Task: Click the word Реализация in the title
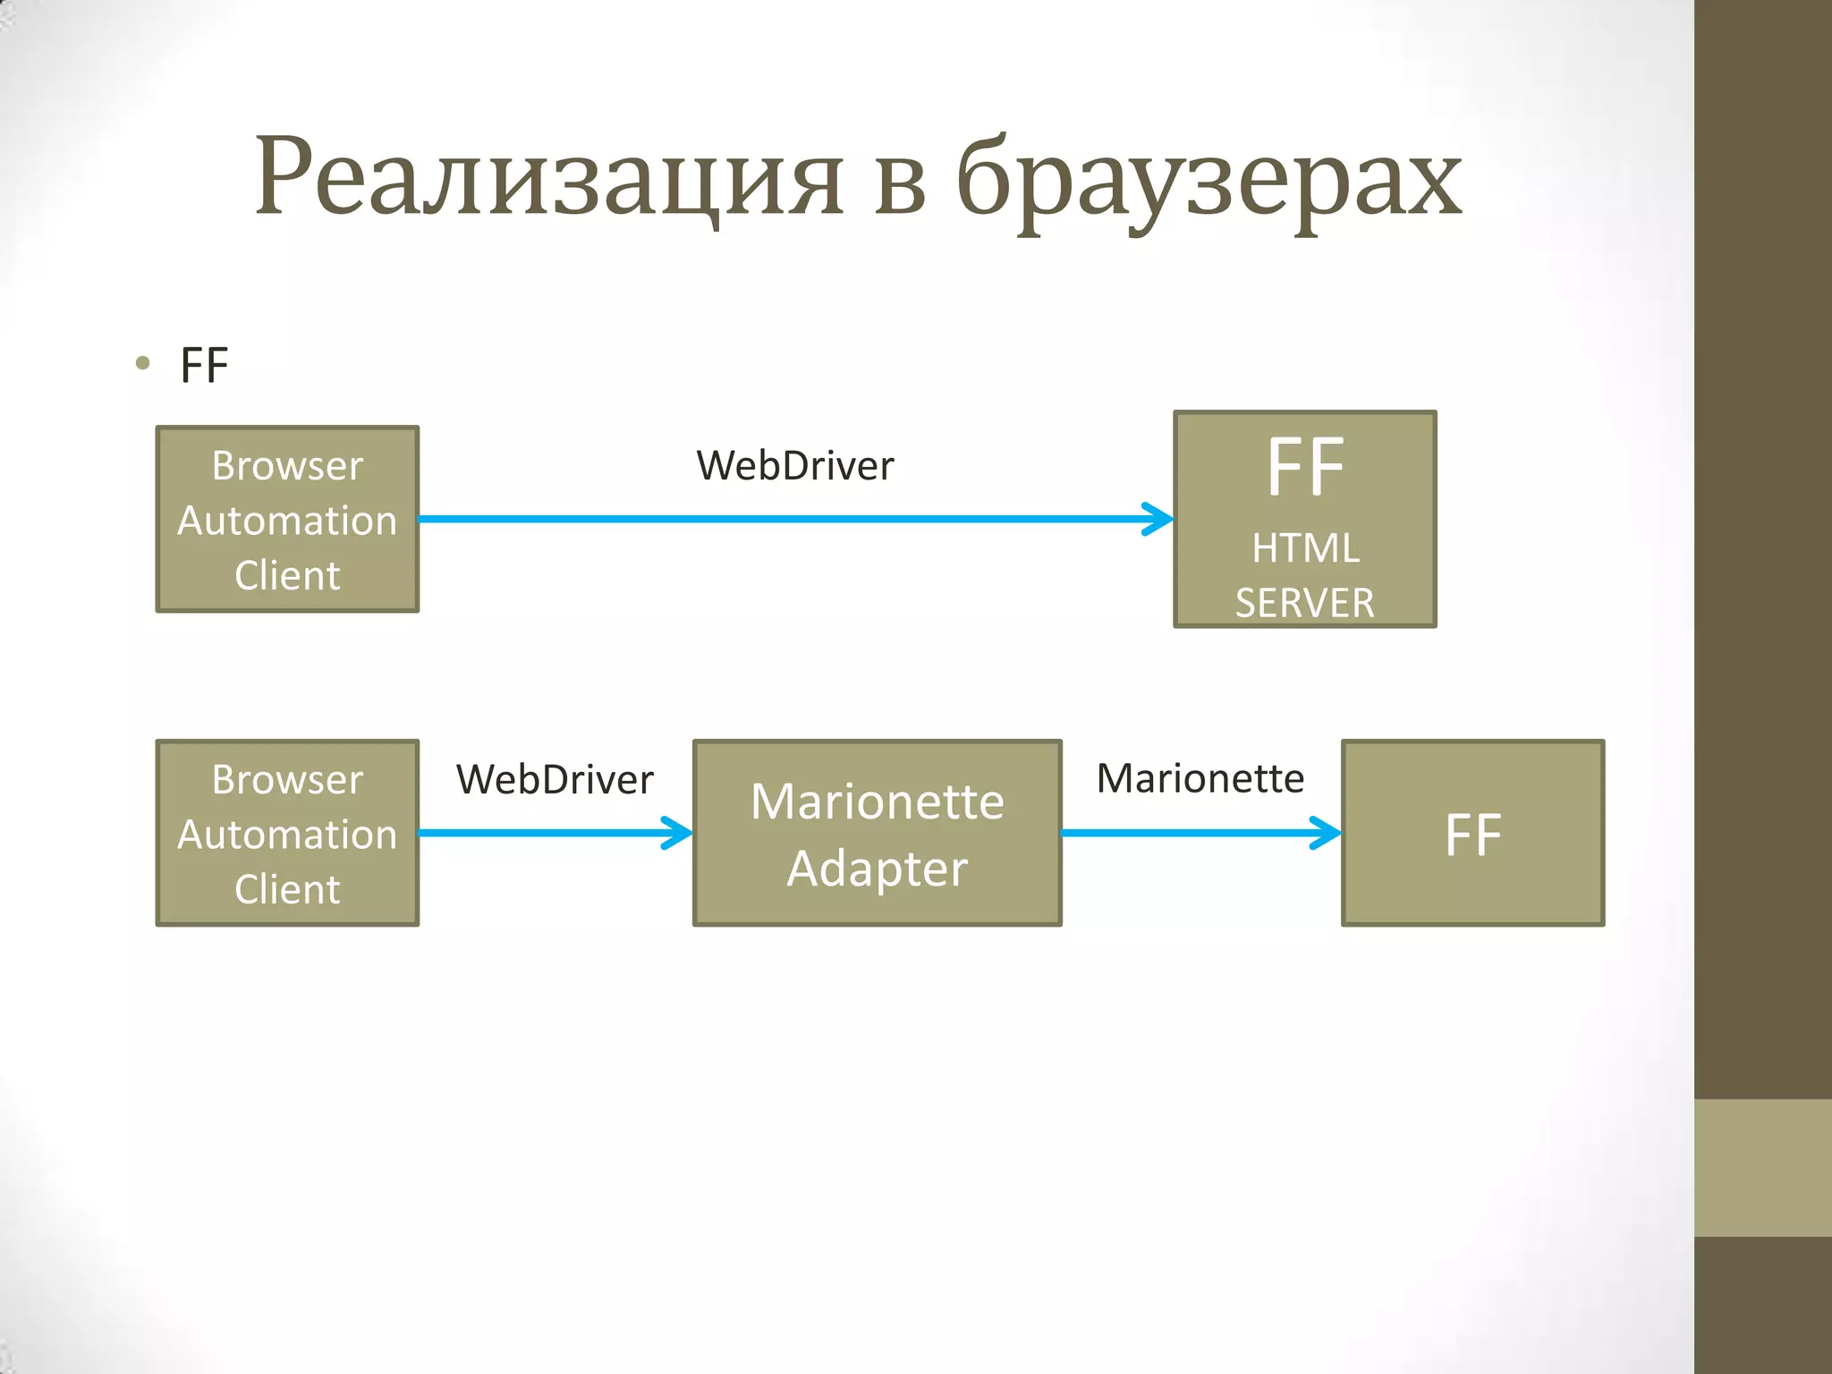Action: click(x=549, y=179)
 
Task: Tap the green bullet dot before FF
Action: click(x=142, y=363)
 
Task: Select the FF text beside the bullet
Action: click(x=204, y=366)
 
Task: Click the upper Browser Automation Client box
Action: click(x=287, y=520)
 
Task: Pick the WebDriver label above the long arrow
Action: click(x=794, y=466)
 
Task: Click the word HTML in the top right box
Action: click(x=1305, y=548)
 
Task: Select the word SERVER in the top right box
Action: click(x=1304, y=603)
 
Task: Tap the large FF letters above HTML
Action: click(x=1305, y=468)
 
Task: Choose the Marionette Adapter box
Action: click(x=877, y=833)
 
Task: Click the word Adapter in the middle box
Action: click(x=877, y=869)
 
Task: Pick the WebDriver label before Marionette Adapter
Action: click(x=555, y=780)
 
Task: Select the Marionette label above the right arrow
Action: click(x=1200, y=778)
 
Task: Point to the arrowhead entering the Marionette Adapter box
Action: click(x=679, y=833)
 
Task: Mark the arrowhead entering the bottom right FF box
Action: click(x=1327, y=833)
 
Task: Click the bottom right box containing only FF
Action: click(x=1472, y=833)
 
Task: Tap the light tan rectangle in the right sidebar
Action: click(x=1762, y=1167)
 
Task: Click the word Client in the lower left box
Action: click(x=287, y=889)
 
